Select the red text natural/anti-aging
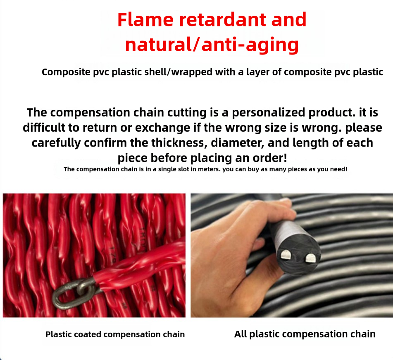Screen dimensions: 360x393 [x=212, y=45]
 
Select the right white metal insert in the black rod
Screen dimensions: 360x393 [x=310, y=259]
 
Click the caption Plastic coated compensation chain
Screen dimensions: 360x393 [x=115, y=334]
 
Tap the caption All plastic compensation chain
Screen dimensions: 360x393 [x=305, y=334]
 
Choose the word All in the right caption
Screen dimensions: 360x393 [x=240, y=334]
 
